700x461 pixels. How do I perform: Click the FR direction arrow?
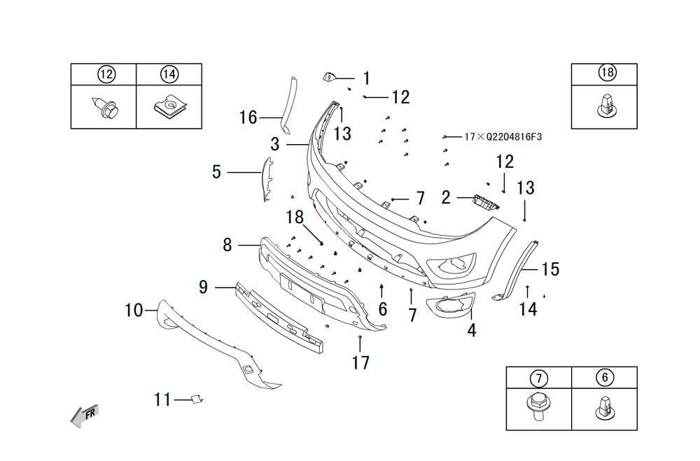[x=85, y=416]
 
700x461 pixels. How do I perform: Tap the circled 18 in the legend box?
[x=607, y=72]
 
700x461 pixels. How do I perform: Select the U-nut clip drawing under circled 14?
[x=170, y=108]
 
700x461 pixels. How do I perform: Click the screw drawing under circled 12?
[x=106, y=108]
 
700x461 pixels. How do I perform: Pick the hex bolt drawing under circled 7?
[x=539, y=406]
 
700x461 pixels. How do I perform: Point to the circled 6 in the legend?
[x=605, y=378]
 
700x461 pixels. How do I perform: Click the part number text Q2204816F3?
[x=514, y=136]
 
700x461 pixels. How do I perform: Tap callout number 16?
[x=248, y=118]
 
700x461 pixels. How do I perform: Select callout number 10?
[x=134, y=310]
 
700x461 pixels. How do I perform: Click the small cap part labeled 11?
[x=197, y=399]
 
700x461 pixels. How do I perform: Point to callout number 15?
[x=550, y=269]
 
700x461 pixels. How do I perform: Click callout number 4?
[x=471, y=330]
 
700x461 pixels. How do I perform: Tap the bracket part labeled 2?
[x=486, y=202]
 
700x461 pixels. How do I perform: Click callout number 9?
[x=203, y=287]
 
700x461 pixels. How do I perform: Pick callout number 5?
[x=216, y=172]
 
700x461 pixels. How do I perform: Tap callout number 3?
[x=275, y=144]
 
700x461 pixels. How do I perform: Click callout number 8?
[x=227, y=245]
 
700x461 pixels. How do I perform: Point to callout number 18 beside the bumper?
[x=295, y=218]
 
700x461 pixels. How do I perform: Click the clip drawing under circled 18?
[x=604, y=106]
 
